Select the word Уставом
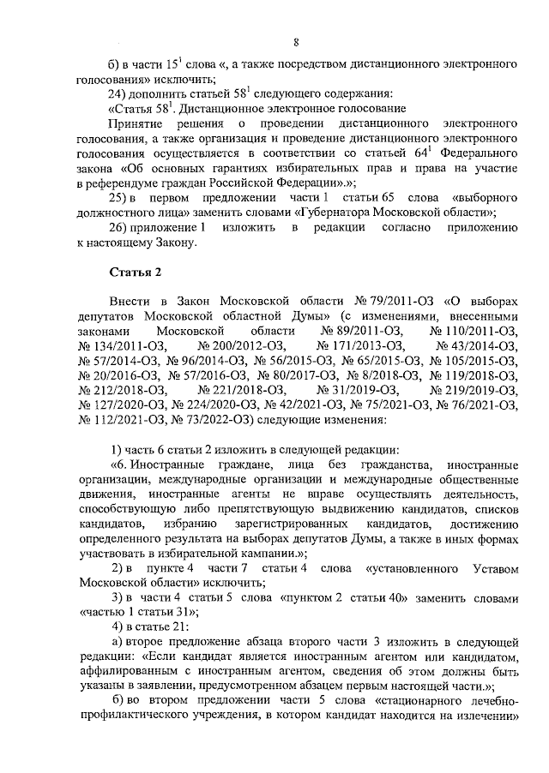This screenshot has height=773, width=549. pyautogui.click(x=492, y=570)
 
